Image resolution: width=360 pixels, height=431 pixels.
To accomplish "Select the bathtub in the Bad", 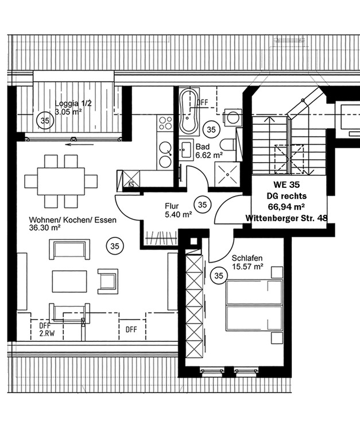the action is pos(188,111).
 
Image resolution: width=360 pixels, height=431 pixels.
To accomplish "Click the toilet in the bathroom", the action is pos(229,147).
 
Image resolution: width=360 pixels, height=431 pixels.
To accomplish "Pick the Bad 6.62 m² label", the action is pos(208,151).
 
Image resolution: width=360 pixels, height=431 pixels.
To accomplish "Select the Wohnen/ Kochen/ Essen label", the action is pos(73,220).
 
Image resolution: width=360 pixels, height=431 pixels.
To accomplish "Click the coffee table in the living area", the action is pos(69,282).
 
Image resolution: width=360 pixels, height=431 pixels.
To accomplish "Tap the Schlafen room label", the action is pos(247,258).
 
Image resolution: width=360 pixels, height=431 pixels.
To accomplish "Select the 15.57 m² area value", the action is pos(247,267).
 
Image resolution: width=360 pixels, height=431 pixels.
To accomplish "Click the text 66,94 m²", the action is pos(286,206).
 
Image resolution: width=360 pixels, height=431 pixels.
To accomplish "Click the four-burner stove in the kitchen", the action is pos(165,122).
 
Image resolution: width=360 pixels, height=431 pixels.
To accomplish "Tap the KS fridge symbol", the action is pos(131,184).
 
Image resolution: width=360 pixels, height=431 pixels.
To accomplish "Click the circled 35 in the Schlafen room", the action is pos(218,276).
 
